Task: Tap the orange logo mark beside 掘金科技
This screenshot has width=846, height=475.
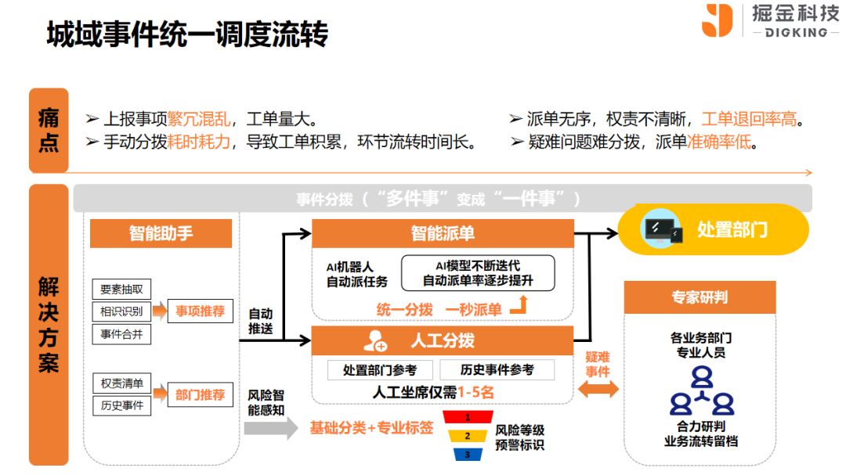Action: (x=717, y=20)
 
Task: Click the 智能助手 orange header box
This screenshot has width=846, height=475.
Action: (x=161, y=233)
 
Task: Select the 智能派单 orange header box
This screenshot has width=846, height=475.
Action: (x=443, y=233)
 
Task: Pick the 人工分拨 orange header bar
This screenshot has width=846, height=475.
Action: (x=443, y=341)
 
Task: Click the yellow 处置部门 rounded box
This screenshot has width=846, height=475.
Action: (x=713, y=230)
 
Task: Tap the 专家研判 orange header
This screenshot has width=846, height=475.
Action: (x=700, y=297)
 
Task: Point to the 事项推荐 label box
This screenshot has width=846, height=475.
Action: (x=200, y=311)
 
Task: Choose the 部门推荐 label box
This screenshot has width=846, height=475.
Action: (x=200, y=395)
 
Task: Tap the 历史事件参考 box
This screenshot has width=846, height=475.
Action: (x=497, y=369)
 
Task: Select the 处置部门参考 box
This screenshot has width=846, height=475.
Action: (x=380, y=369)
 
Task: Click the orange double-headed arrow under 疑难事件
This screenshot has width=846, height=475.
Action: (x=598, y=390)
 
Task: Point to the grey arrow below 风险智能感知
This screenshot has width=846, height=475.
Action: (x=271, y=428)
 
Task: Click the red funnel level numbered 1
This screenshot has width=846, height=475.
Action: (x=468, y=418)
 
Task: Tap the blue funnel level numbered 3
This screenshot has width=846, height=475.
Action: (x=468, y=454)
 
